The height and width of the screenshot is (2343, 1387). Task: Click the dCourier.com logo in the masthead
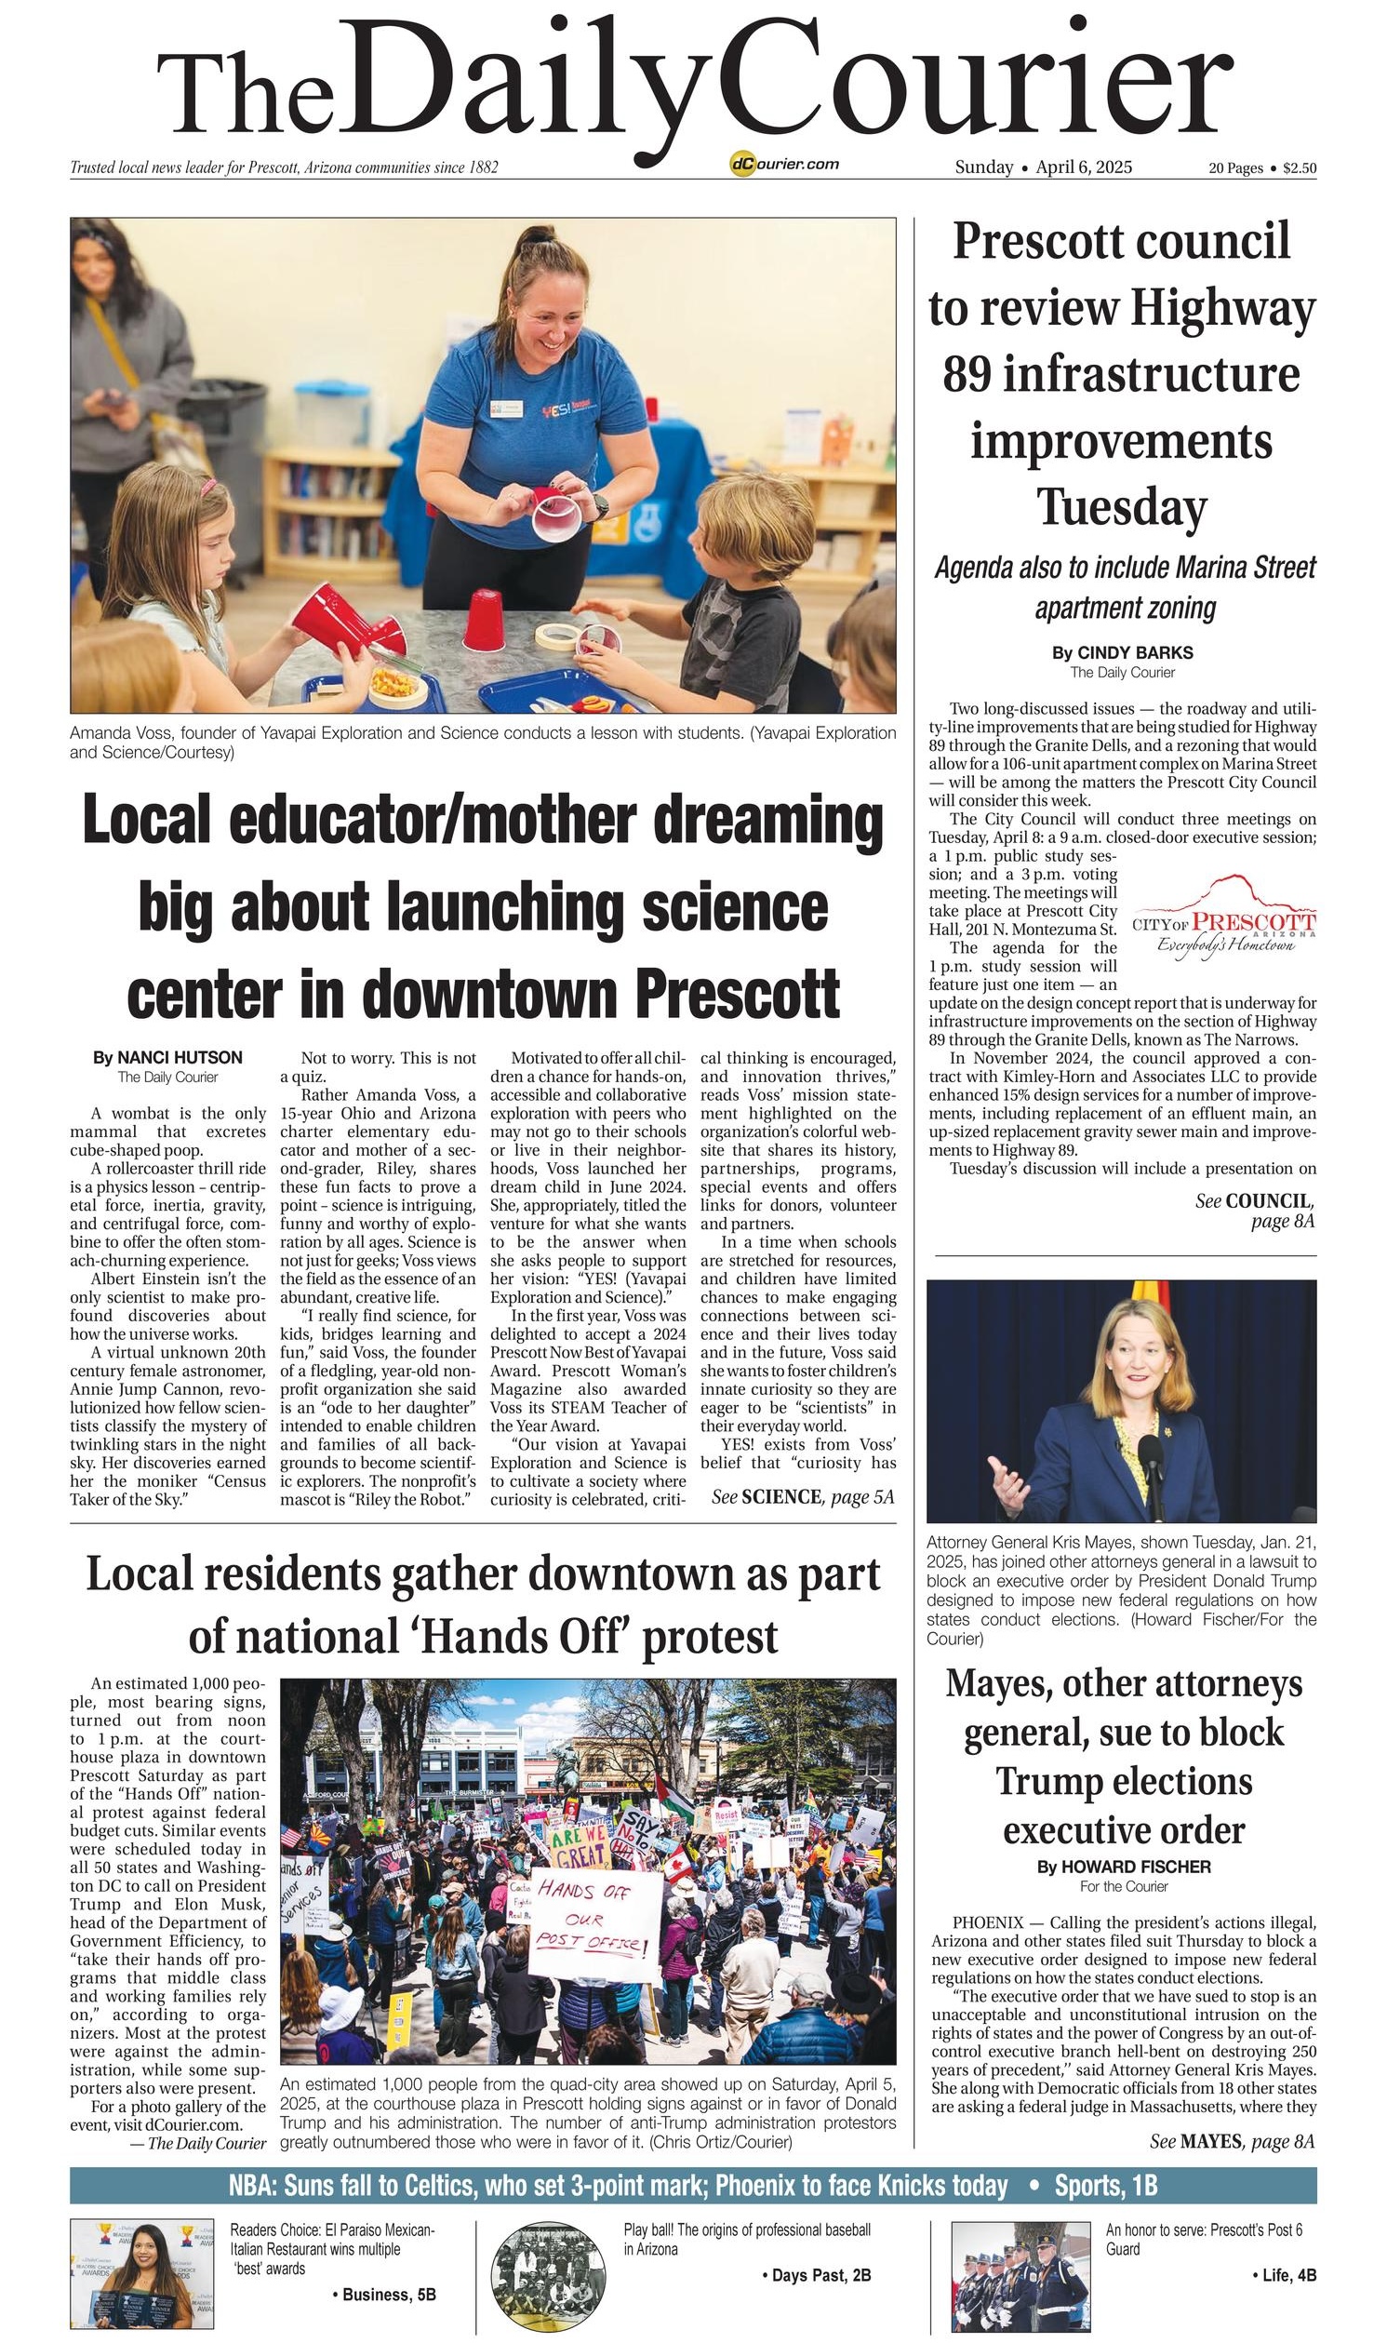[784, 165]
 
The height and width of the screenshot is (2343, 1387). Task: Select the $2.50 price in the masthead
[1300, 168]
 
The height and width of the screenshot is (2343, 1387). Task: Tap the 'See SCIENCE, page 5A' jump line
[803, 1497]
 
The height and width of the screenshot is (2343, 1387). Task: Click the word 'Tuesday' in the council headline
[1122, 506]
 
